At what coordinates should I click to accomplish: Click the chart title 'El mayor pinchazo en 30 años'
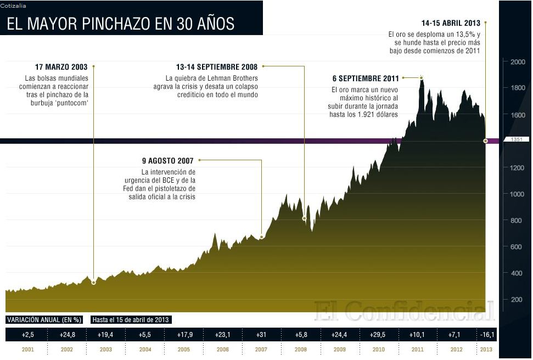click(x=120, y=24)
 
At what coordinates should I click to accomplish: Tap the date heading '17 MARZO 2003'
click(x=60, y=67)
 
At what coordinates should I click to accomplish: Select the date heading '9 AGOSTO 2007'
click(x=168, y=161)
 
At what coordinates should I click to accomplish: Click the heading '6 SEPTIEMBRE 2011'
click(x=365, y=78)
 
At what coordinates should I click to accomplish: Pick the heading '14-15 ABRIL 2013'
click(x=451, y=24)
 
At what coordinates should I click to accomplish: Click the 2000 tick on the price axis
click(x=518, y=62)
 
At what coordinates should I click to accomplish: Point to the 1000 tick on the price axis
click(x=518, y=194)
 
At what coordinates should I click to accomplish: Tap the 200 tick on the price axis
click(x=517, y=300)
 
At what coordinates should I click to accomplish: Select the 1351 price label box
click(x=515, y=140)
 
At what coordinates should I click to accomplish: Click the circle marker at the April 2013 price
click(x=486, y=141)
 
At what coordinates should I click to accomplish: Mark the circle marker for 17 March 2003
click(x=94, y=283)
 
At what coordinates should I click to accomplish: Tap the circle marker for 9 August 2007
click(x=261, y=237)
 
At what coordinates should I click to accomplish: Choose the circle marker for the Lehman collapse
click(x=304, y=218)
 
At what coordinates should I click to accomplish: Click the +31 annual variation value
click(x=261, y=334)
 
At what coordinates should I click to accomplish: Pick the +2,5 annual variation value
click(x=29, y=334)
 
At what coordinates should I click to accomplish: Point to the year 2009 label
click(x=339, y=350)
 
